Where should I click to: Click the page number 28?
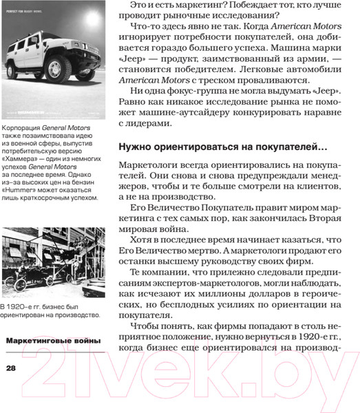click(10, 368)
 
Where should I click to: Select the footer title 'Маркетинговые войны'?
click(53, 341)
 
